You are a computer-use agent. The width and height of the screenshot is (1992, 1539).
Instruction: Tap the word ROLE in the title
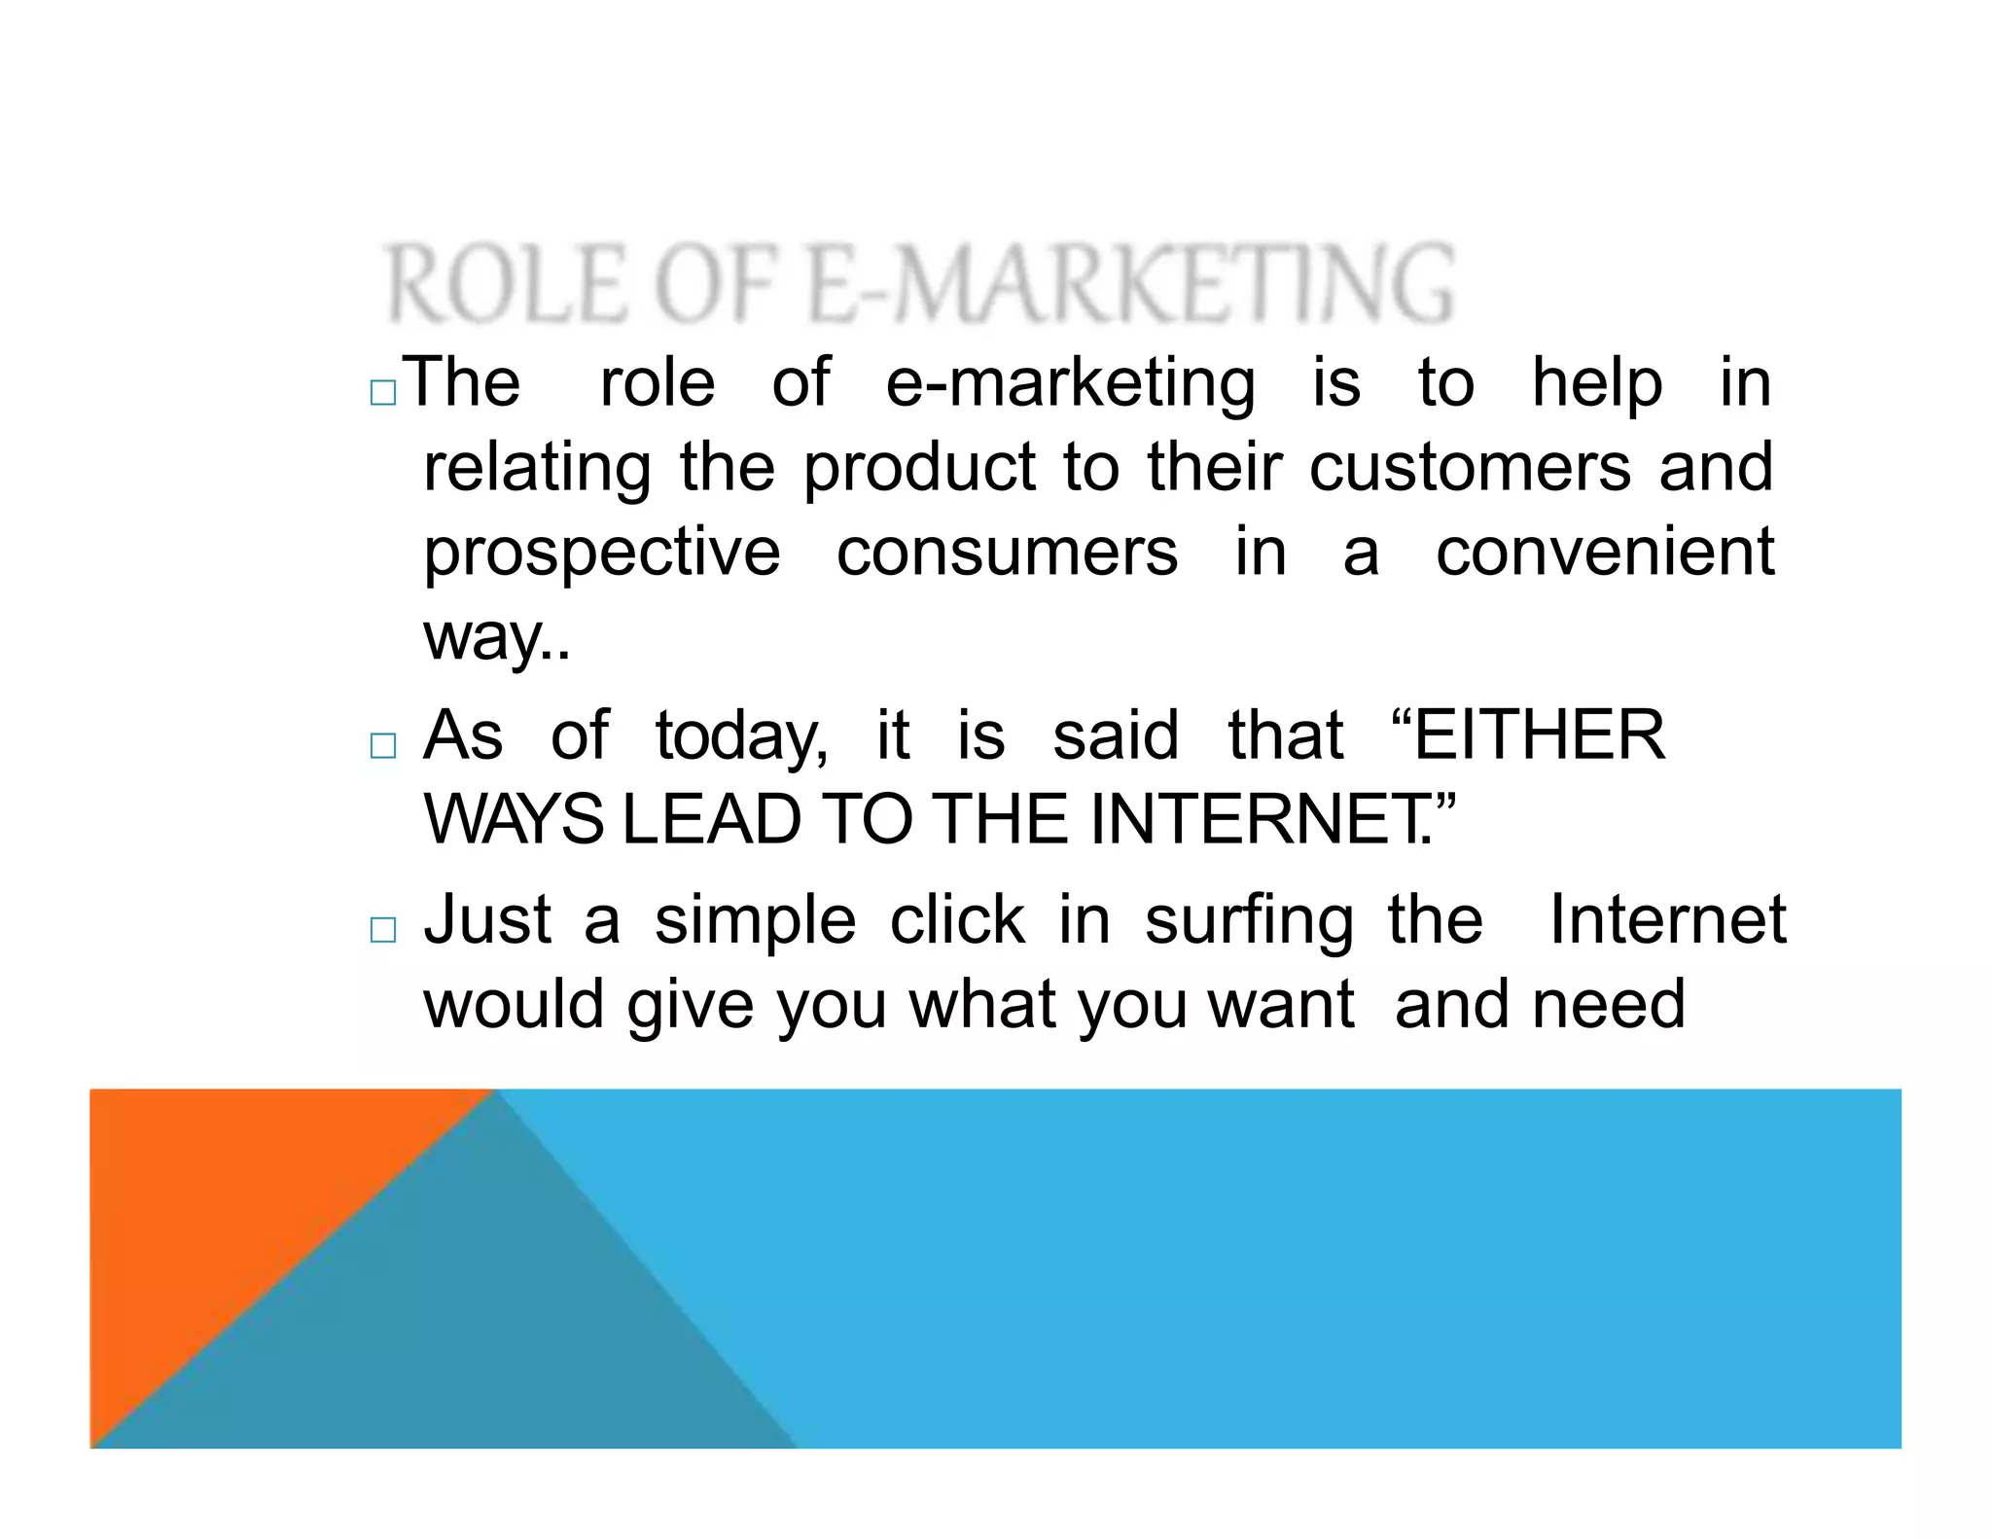click(505, 284)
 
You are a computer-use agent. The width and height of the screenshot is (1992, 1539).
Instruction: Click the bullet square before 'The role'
click(383, 393)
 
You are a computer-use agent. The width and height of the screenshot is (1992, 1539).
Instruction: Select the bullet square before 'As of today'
click(383, 746)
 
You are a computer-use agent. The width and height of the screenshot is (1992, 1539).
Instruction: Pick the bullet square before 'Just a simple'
click(383, 930)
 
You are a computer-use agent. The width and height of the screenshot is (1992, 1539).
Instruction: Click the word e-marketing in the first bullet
click(1070, 383)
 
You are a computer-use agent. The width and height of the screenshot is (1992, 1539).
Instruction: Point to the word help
click(1596, 383)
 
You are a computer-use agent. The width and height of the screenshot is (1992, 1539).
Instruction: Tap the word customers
click(1470, 468)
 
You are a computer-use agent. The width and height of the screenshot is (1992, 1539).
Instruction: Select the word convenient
click(1605, 553)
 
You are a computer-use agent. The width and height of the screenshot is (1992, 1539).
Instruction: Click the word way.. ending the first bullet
click(496, 639)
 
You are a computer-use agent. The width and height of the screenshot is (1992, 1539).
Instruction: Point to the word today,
click(741, 737)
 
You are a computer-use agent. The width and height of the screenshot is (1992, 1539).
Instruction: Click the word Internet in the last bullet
click(1667, 919)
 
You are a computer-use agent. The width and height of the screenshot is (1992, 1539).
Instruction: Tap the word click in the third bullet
click(957, 920)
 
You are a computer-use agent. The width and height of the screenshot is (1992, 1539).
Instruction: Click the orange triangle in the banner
click(224, 1197)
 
